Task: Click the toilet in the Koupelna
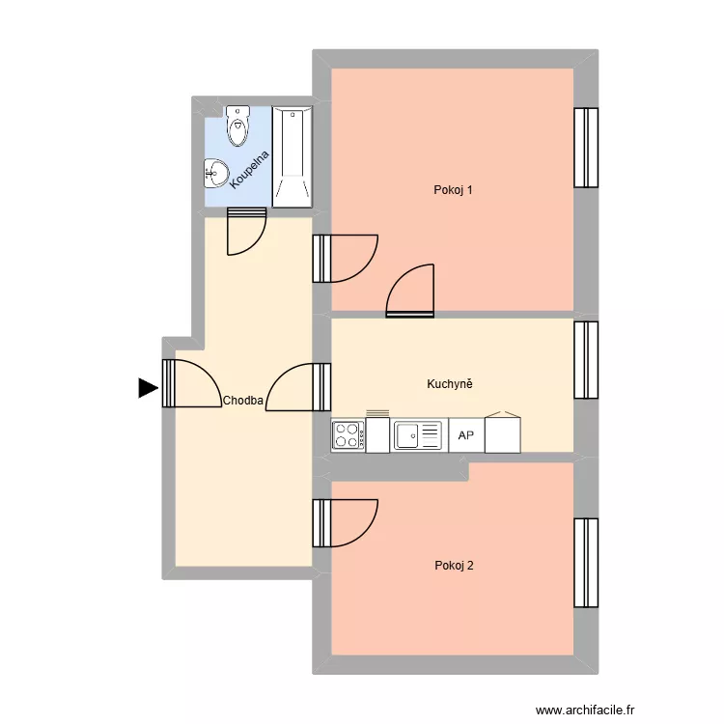(237, 125)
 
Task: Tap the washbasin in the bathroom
(216, 174)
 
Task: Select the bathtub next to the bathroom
(291, 157)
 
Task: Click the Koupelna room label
(250, 166)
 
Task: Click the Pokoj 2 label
(454, 566)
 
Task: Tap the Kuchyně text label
(450, 384)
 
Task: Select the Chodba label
(242, 400)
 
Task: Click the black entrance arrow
(147, 388)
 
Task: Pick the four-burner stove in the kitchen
(348, 435)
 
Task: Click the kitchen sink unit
(417, 435)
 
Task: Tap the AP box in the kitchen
(466, 435)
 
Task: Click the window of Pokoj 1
(586, 147)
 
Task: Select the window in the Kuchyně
(586, 359)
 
